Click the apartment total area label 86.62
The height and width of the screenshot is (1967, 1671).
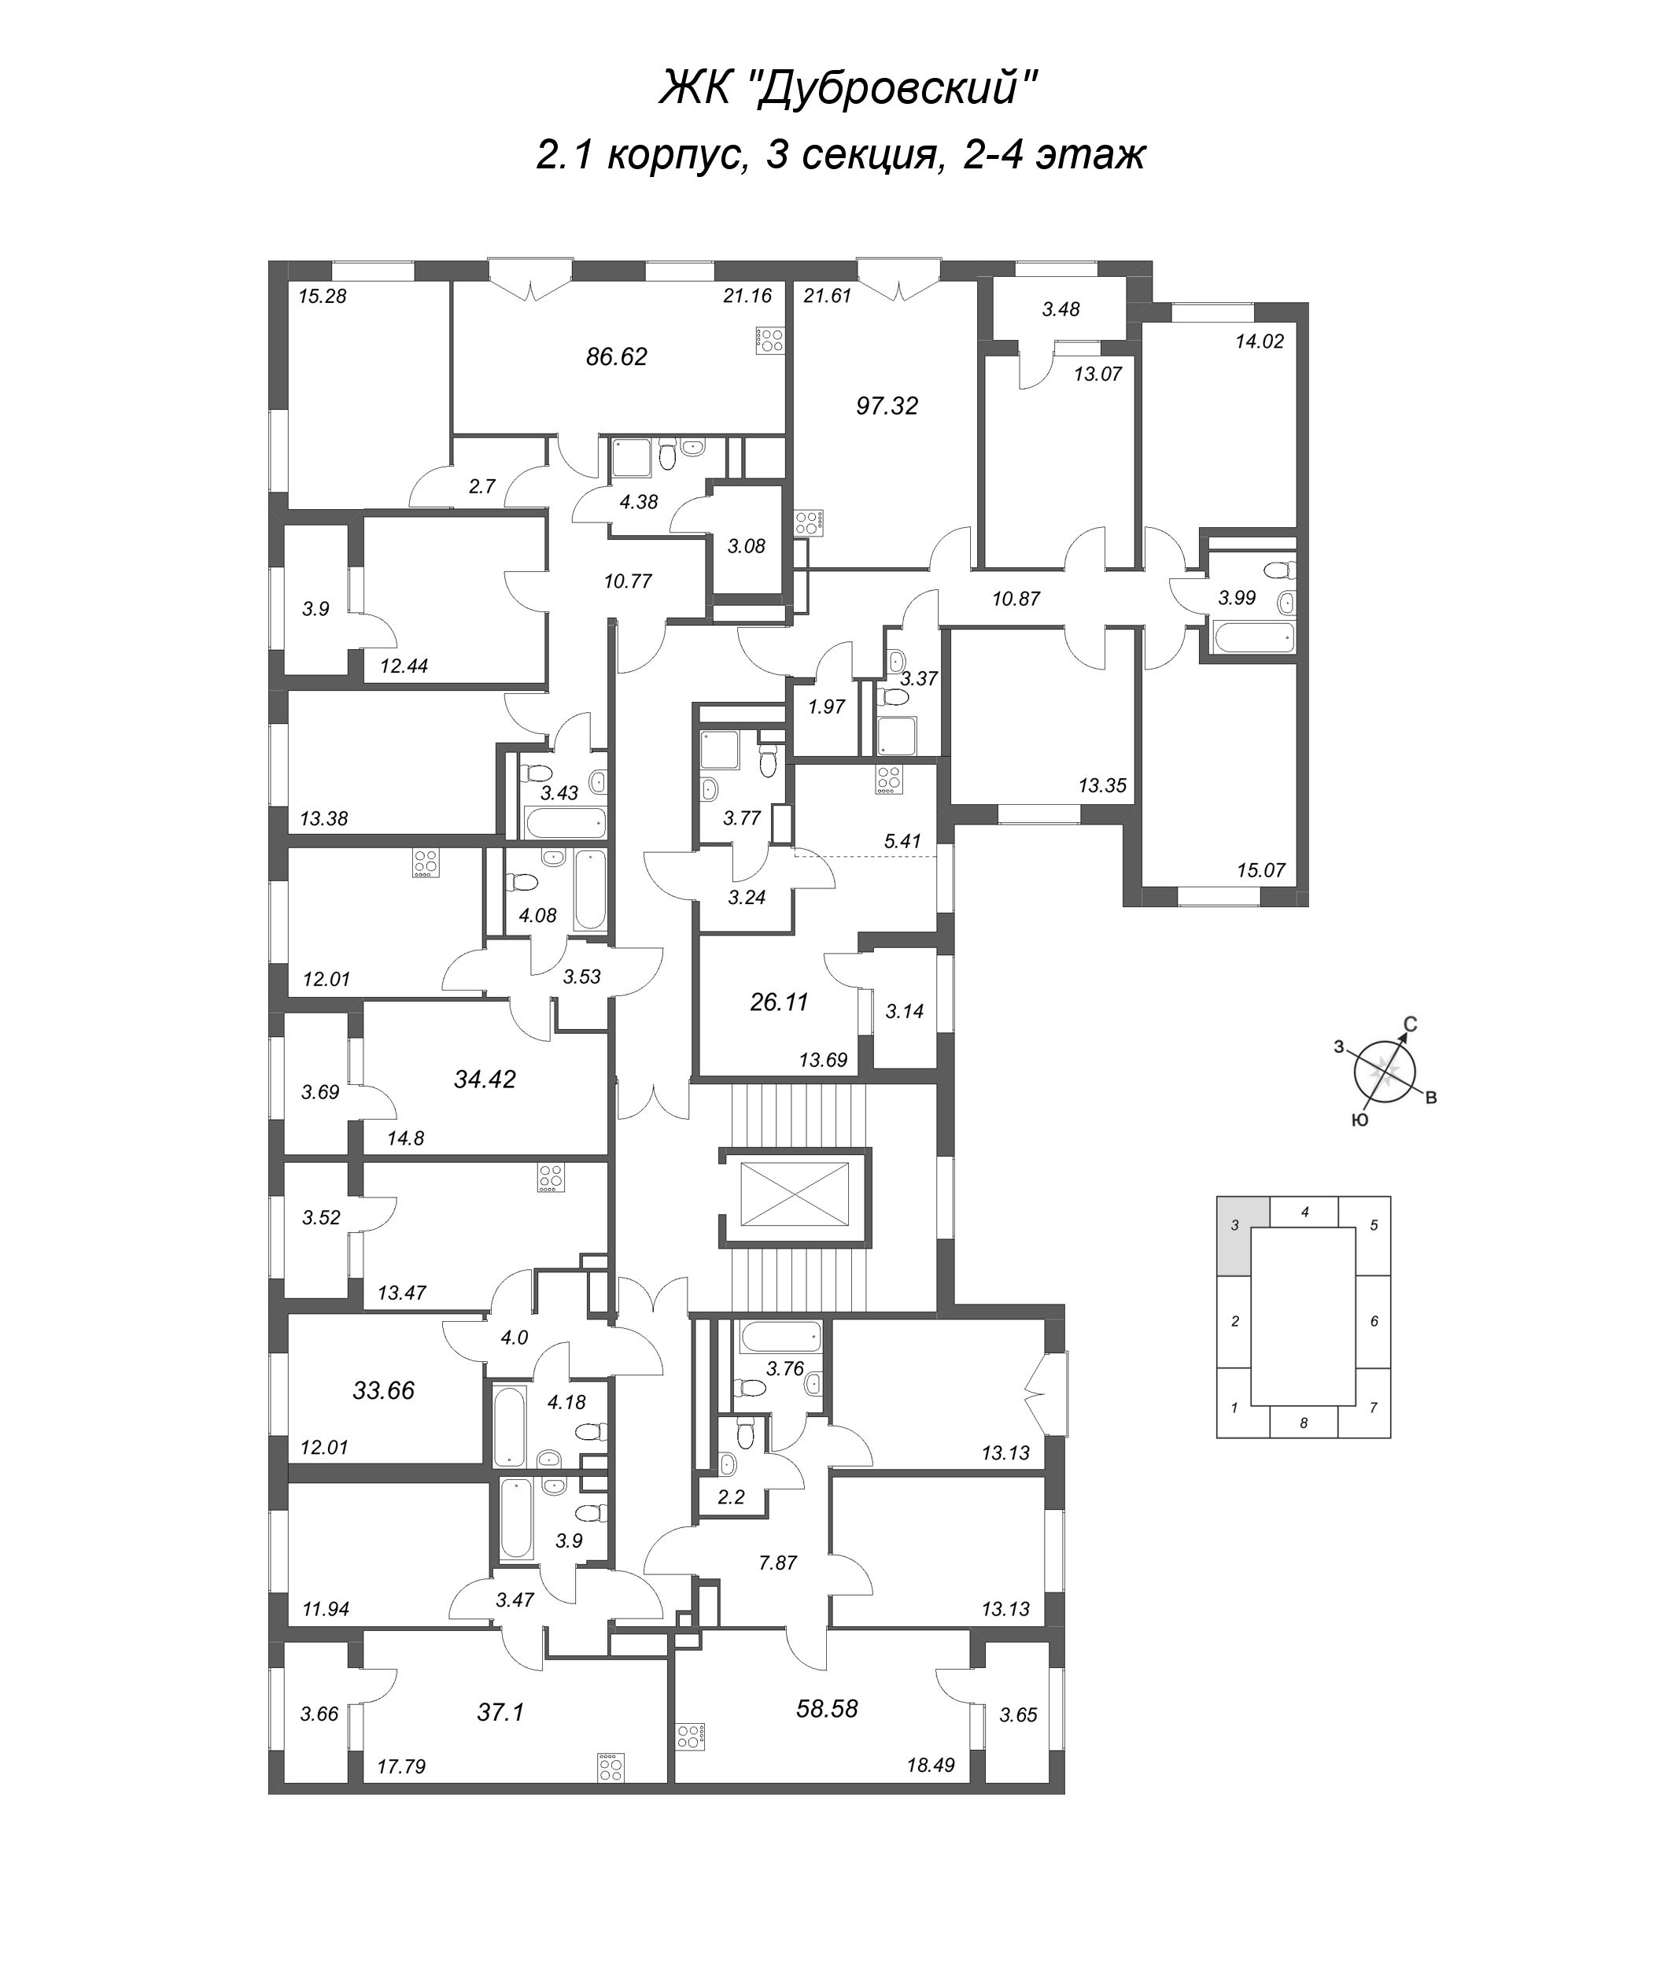click(x=617, y=357)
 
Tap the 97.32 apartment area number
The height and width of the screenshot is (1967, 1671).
click(x=887, y=407)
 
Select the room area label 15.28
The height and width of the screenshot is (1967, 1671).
click(x=322, y=297)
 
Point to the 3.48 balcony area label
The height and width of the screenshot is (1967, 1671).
click(x=1061, y=309)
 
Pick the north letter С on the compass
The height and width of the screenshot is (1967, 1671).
click(x=1410, y=1024)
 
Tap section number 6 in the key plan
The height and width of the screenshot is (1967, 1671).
click(x=1374, y=1321)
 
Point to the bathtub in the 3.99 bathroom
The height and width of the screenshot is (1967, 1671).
click(x=1253, y=637)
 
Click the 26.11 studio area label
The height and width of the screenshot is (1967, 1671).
click(x=779, y=1002)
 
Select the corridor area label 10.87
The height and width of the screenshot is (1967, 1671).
click(x=1016, y=599)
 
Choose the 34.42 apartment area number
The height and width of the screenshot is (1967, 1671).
click(x=484, y=1079)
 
